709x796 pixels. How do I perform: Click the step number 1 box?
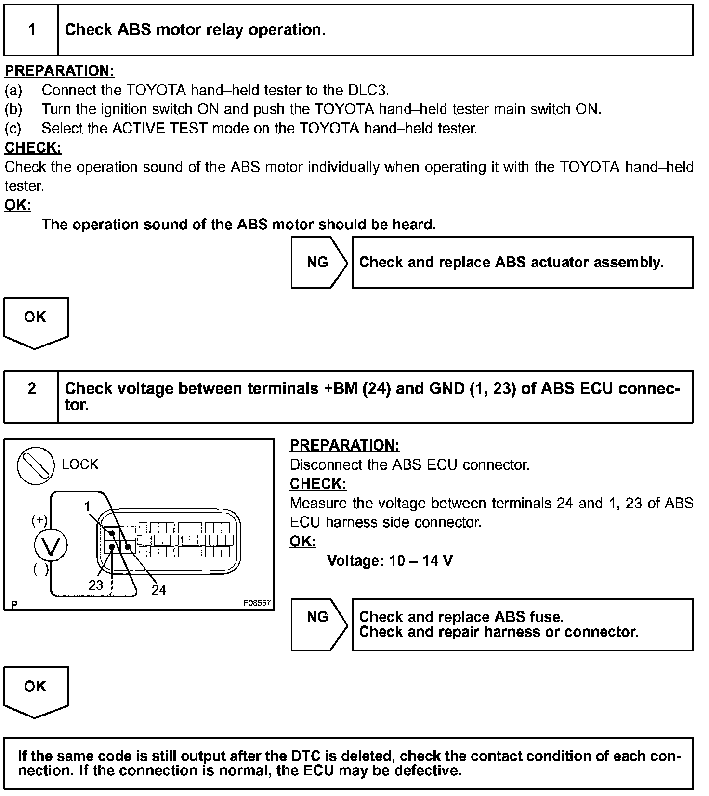(x=31, y=30)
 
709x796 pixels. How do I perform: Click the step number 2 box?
(x=31, y=396)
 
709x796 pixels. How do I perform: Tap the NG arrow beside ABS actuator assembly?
(x=318, y=263)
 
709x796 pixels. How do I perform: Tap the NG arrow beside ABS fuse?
(x=318, y=624)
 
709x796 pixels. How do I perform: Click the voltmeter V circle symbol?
(x=51, y=545)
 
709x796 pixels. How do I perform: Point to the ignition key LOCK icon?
(x=36, y=465)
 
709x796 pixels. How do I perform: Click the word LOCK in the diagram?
(x=80, y=464)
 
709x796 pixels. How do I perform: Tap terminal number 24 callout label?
(x=158, y=590)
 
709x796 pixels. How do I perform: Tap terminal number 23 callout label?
(x=95, y=585)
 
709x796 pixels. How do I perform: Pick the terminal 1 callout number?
(x=87, y=506)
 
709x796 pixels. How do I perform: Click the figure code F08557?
(x=257, y=603)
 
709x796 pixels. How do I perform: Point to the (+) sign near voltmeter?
(x=39, y=520)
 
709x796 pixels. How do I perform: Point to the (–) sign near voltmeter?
(x=41, y=570)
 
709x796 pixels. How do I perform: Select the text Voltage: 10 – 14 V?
(x=390, y=561)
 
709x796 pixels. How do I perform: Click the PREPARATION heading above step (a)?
(x=60, y=71)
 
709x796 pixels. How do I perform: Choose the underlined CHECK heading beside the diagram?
(x=318, y=484)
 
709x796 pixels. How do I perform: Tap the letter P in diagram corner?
(x=14, y=604)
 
